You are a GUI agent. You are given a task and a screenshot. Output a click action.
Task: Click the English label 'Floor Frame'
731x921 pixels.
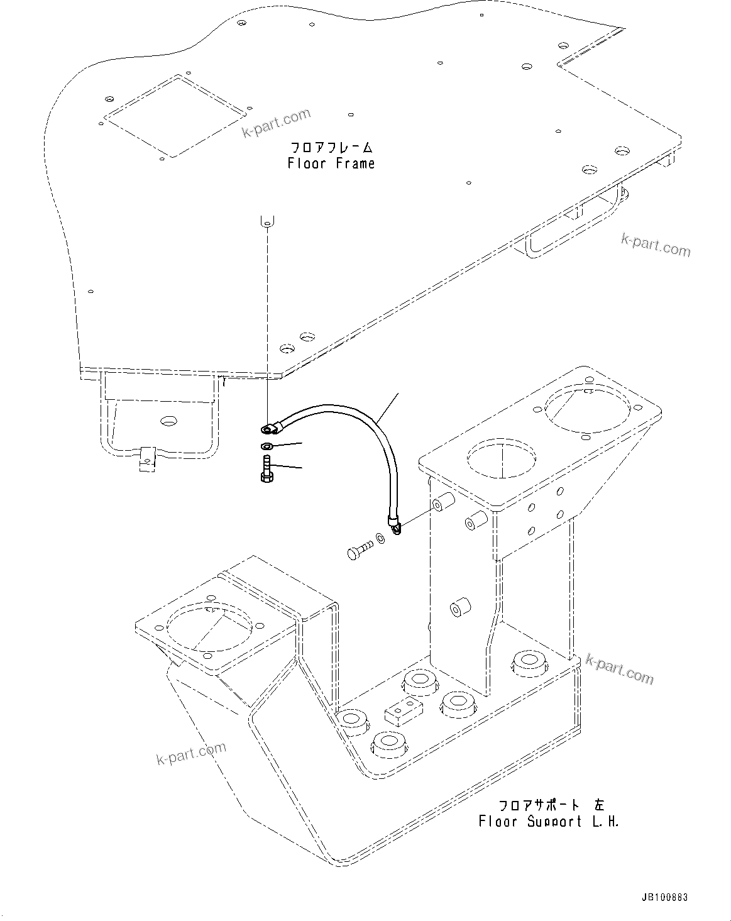331,164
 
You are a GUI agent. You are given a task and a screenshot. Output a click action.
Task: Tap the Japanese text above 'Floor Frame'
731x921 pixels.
331,148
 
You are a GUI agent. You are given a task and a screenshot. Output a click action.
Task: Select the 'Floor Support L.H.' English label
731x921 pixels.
549,822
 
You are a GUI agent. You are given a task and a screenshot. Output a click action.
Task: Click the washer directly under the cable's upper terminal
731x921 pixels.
266,446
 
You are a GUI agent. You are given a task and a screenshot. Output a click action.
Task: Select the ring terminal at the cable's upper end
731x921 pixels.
268,429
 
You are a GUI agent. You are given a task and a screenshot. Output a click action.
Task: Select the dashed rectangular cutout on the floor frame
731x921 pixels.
174,116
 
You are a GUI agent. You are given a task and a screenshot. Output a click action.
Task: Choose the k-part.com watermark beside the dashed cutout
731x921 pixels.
277,123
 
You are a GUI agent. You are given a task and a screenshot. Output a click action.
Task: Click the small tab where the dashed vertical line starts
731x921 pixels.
267,220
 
